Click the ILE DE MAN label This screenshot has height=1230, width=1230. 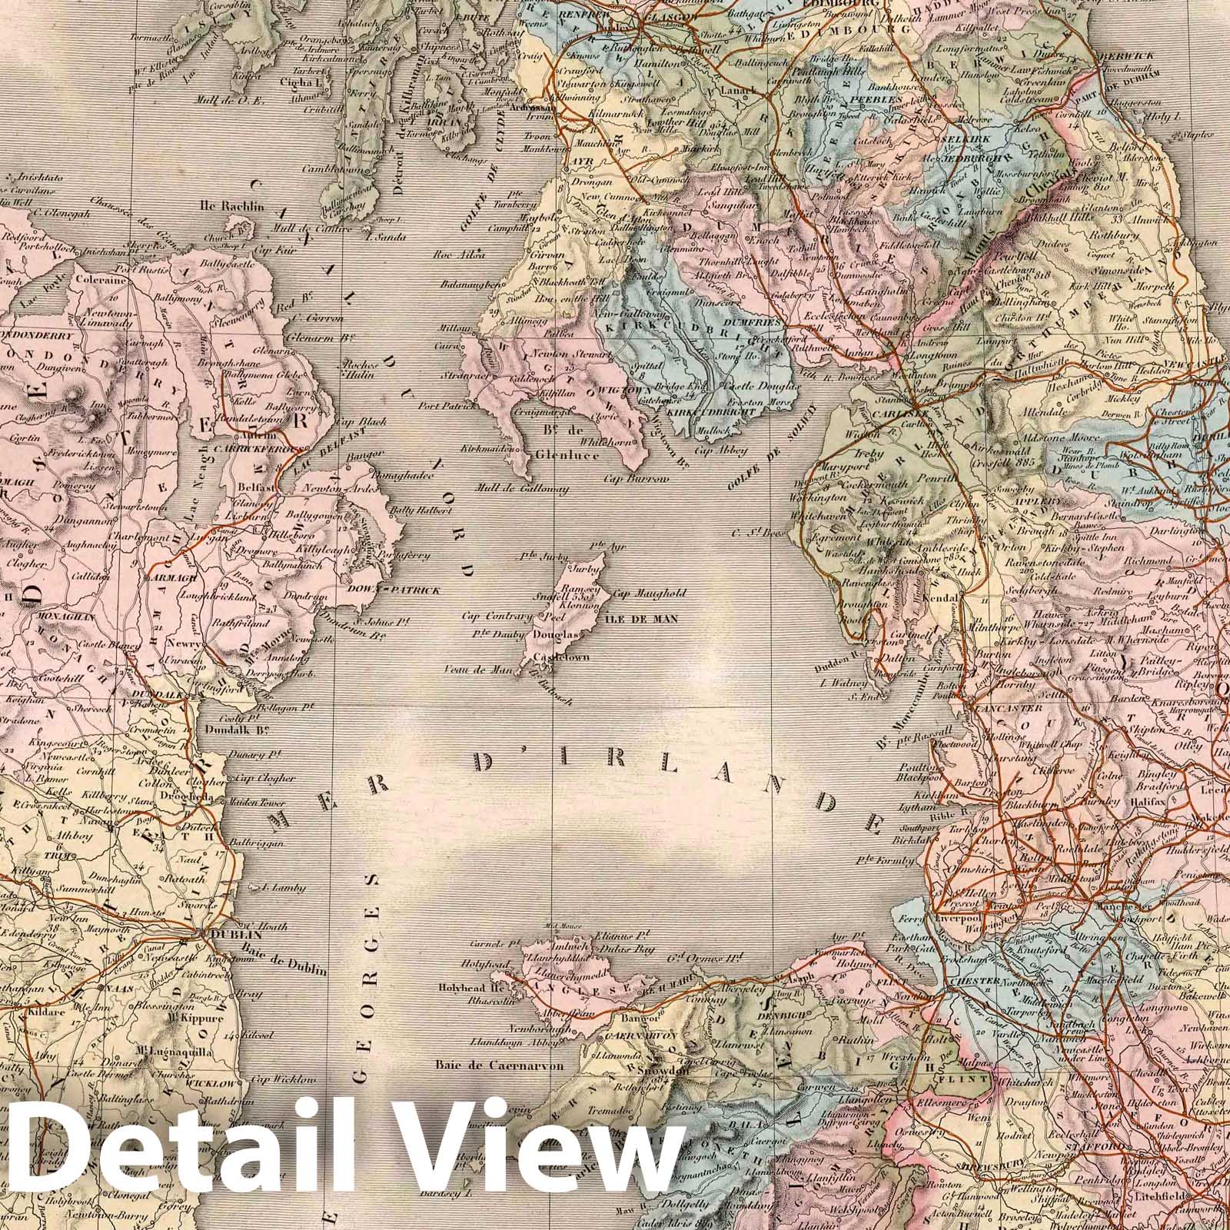(643, 617)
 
